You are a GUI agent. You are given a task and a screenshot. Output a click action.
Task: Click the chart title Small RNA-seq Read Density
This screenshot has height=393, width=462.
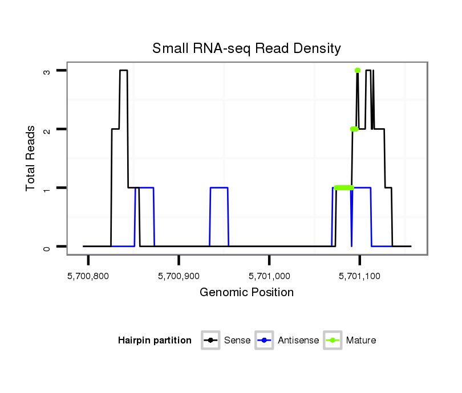(x=246, y=48)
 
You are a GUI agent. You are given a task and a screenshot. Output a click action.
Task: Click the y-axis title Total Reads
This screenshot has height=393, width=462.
(x=31, y=158)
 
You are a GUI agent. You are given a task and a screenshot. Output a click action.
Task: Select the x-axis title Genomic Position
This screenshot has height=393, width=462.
(x=246, y=293)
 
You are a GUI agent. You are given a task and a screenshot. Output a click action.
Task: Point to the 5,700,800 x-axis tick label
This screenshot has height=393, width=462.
(x=88, y=276)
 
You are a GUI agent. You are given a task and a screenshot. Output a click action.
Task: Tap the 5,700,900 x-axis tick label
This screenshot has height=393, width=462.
(x=179, y=276)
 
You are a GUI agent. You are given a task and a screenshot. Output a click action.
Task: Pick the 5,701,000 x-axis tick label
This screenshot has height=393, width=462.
(x=269, y=276)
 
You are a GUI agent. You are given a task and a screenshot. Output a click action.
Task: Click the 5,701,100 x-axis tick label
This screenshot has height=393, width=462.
(x=360, y=276)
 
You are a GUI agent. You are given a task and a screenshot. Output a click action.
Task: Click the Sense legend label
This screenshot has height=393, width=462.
(x=237, y=341)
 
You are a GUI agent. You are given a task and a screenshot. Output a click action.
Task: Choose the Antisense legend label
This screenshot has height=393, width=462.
(x=298, y=341)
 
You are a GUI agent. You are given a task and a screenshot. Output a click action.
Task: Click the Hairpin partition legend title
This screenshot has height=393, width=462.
(x=155, y=341)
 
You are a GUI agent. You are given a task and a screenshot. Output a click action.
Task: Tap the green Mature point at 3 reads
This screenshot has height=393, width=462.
(x=358, y=70)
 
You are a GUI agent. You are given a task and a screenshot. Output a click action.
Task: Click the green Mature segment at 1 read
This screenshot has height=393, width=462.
(x=344, y=187)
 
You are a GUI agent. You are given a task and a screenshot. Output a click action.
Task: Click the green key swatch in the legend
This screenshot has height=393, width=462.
(x=333, y=341)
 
